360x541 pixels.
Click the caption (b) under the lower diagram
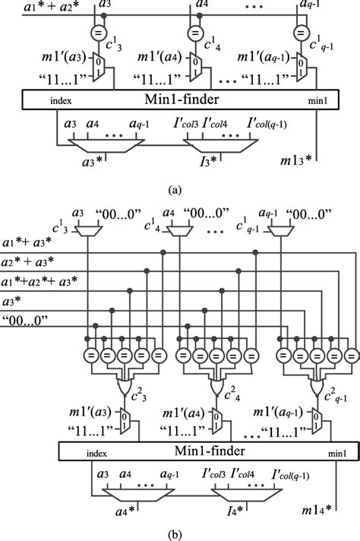click(179, 532)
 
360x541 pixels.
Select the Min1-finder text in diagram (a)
click(177, 100)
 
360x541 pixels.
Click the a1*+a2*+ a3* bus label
click(38, 283)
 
